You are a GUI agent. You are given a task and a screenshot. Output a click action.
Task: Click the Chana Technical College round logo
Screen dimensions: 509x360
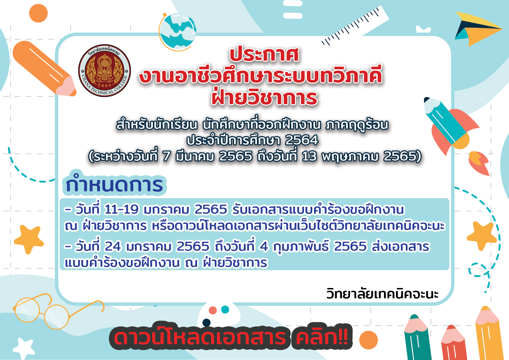click(x=105, y=70)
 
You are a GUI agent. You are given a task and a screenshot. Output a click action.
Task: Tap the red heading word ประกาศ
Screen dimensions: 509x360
click(x=264, y=55)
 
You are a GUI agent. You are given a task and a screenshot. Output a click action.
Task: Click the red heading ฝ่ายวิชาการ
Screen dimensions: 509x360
click(x=264, y=97)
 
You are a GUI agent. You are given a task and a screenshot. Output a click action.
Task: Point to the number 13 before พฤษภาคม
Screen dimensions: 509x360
click(x=309, y=156)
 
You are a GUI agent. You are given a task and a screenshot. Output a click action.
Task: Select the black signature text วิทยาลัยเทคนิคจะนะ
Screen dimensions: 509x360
click(x=382, y=293)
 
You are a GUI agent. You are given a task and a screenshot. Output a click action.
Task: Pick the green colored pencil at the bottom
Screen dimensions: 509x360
click(x=417, y=337)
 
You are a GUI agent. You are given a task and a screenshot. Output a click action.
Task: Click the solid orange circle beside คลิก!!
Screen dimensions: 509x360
click(x=368, y=340)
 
